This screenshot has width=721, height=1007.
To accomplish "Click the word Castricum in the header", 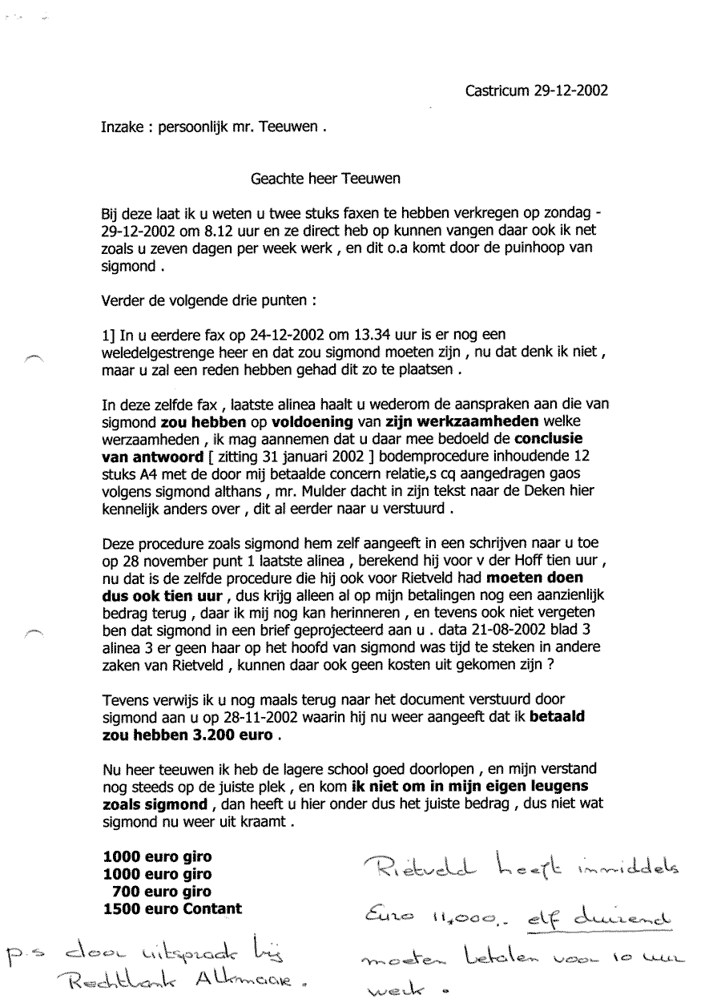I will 496,91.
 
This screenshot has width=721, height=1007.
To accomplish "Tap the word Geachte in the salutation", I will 279,179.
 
